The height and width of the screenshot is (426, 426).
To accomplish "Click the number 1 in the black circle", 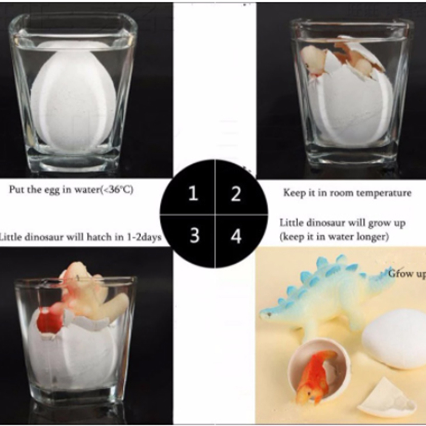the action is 193,193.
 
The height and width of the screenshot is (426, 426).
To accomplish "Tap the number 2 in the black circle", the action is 236,194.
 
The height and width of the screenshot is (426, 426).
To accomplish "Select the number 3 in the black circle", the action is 194,235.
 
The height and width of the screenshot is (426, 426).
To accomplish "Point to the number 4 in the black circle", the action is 236,236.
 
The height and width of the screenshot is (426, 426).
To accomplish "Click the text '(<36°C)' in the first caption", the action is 117,189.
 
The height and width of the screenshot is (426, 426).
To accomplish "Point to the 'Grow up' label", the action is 407,274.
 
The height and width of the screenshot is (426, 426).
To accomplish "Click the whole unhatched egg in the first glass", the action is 74,98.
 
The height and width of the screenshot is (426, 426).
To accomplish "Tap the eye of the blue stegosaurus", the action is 270,314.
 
